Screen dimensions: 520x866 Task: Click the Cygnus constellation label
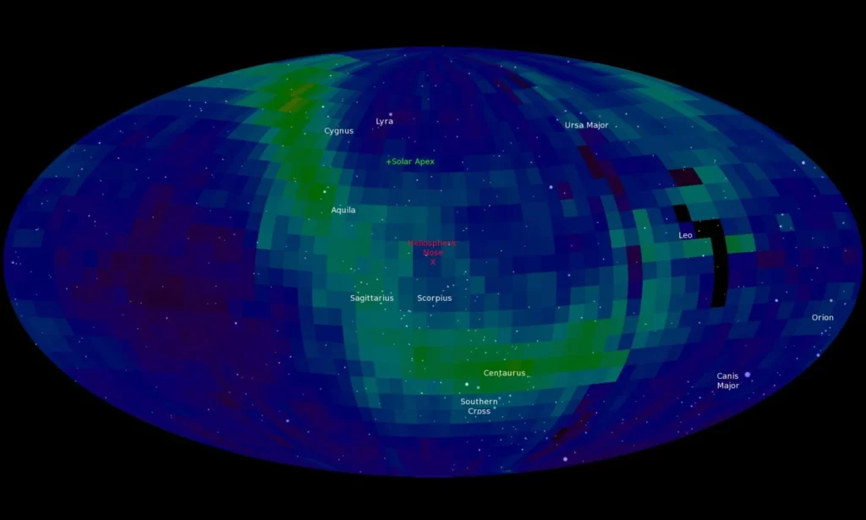click(x=338, y=131)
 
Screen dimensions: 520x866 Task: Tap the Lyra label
click(x=384, y=122)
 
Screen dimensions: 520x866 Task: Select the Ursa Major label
click(x=586, y=125)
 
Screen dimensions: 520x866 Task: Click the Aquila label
click(x=343, y=210)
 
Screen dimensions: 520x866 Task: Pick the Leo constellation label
click(x=685, y=235)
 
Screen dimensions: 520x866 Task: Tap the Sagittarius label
click(x=371, y=298)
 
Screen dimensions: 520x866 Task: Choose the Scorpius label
click(x=434, y=298)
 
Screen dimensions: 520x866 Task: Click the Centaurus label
click(x=504, y=373)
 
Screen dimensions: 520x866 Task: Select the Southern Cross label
click(x=479, y=407)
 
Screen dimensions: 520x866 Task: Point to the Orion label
click(x=822, y=318)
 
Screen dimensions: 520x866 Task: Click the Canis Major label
click(x=727, y=381)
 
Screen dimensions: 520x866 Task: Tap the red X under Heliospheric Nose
click(x=433, y=262)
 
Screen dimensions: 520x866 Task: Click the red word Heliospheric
click(x=432, y=244)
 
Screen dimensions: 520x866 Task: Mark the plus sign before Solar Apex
click(x=388, y=161)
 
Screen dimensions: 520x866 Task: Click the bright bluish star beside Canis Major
click(x=747, y=374)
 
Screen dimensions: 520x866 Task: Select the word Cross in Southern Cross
click(x=479, y=412)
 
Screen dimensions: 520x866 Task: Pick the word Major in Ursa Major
click(x=597, y=125)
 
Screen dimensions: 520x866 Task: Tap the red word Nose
click(x=433, y=253)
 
